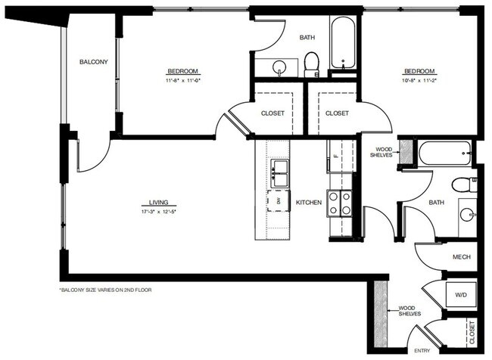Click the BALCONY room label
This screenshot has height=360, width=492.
pos(94,62)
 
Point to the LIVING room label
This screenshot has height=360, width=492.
pos(158,203)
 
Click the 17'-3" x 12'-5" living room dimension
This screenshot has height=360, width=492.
pos(158,212)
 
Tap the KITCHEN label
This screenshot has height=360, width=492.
pos(309,203)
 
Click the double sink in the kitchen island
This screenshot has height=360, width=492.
pos(280,174)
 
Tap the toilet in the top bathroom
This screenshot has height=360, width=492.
pos(311,64)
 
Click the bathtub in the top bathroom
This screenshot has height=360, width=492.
pos(345,44)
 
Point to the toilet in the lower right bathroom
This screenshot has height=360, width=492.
pos(462,184)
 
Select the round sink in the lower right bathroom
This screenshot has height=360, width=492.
pos(467,214)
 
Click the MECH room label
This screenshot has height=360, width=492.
pos(462,257)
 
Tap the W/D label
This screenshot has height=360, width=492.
pos(461,294)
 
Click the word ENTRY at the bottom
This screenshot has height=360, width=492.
pos(422,350)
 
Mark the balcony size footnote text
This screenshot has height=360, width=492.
pos(105,290)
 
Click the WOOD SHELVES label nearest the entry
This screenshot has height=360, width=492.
pos(409,311)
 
